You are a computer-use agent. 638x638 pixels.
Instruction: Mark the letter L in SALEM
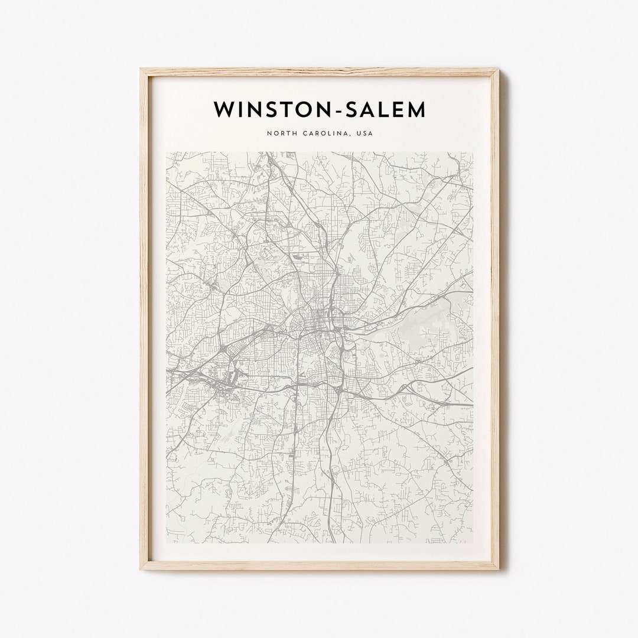click(x=382, y=109)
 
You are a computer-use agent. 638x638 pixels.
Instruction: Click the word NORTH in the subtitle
click(x=280, y=134)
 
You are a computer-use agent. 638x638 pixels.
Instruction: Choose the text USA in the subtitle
click(x=364, y=134)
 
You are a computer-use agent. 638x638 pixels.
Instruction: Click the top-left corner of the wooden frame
click(x=141, y=69)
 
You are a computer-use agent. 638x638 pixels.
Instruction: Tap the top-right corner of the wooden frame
click(x=499, y=69)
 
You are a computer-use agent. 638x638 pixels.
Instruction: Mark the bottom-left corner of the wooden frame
click(x=141, y=569)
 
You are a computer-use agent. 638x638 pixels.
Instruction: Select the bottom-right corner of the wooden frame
click(x=499, y=569)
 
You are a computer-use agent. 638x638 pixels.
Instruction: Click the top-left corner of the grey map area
click(x=167, y=152)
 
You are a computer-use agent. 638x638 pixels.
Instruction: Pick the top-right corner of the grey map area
click(x=473, y=152)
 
